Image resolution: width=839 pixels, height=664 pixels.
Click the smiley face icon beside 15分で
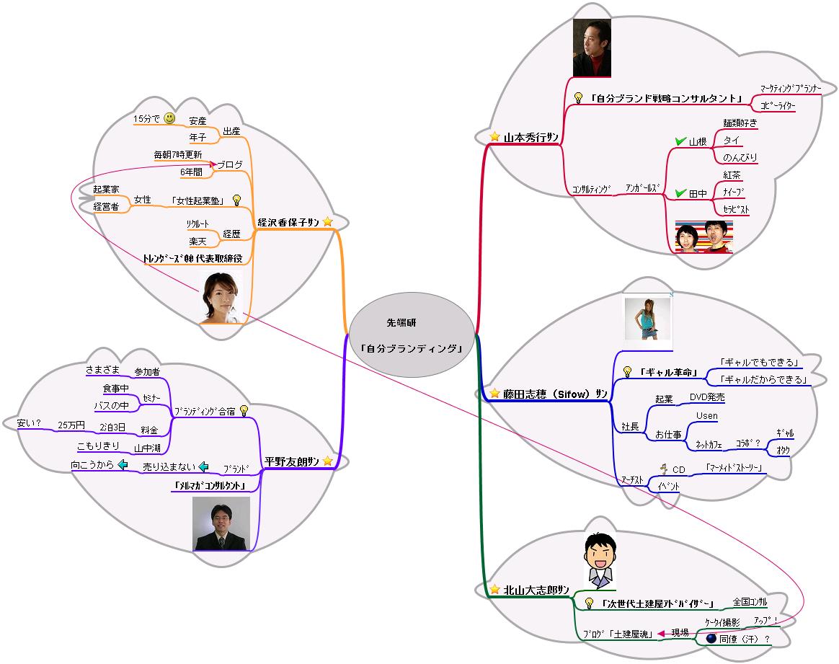click(169, 118)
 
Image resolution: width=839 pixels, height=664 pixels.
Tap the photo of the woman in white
click(221, 297)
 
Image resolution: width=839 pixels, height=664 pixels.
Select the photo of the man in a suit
click(221, 524)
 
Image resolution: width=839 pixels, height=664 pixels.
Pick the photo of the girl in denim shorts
click(647, 318)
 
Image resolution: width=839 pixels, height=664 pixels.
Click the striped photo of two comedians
click(703, 236)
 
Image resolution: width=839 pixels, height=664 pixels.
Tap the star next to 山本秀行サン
click(494, 136)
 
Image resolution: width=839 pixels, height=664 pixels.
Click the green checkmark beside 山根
click(679, 141)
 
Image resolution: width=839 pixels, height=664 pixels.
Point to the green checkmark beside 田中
click(679, 193)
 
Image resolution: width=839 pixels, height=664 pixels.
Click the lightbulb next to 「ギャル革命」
click(627, 372)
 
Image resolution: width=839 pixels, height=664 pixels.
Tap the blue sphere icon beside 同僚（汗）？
click(710, 639)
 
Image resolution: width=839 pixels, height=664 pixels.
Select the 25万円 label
click(71, 425)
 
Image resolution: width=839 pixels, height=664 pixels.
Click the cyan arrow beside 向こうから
click(123, 465)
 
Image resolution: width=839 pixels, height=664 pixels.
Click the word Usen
click(706, 416)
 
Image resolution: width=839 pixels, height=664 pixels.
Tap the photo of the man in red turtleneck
click(591, 46)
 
